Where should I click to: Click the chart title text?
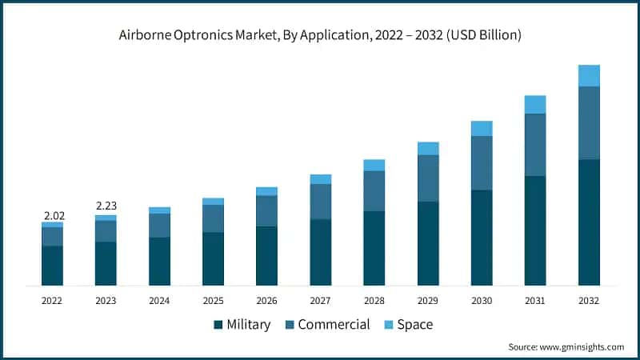[320, 34]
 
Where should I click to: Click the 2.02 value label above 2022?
[52, 215]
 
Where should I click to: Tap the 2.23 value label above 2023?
[106, 207]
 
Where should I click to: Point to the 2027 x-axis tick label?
[320, 301]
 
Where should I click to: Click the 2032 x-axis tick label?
[588, 301]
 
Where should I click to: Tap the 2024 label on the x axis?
[159, 301]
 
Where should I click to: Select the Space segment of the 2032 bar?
[589, 75]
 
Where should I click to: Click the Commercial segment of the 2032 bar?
[589, 122]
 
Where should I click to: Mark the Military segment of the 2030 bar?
[482, 237]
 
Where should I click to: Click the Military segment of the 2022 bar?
[52, 265]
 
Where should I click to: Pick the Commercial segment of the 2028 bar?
[374, 190]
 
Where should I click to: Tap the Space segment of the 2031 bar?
[535, 104]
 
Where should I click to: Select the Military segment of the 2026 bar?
[266, 255]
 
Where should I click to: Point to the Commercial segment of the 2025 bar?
[213, 218]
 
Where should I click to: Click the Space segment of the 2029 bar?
[428, 148]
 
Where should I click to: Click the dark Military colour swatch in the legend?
[218, 325]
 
